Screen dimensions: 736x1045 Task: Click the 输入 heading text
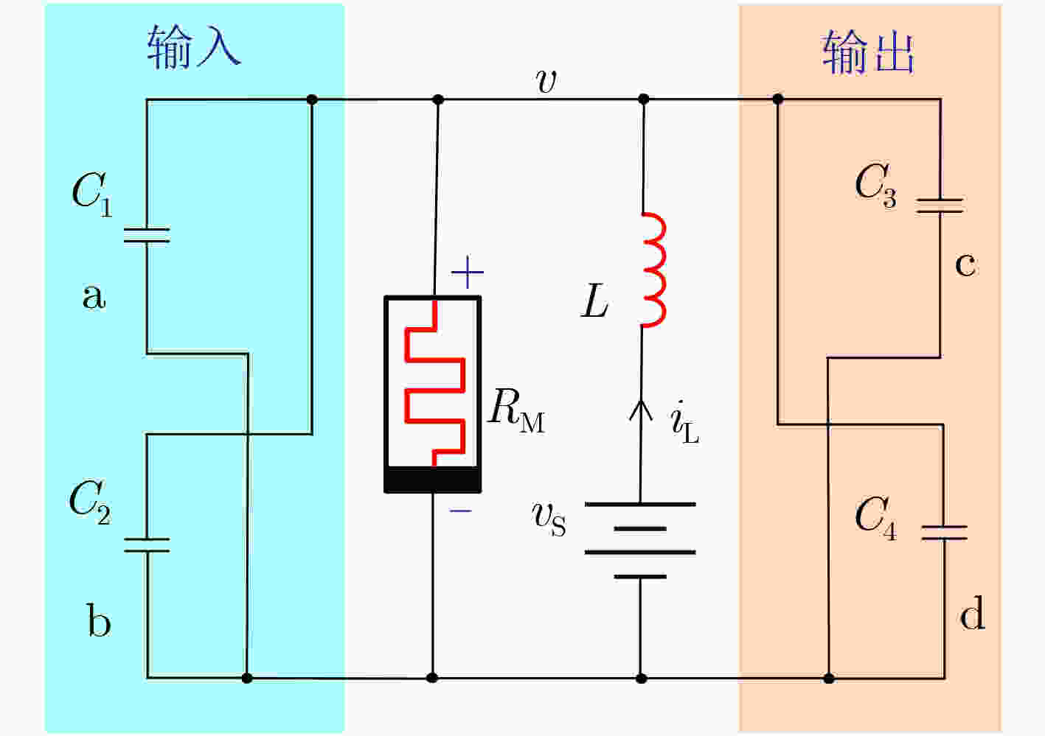pyautogui.click(x=194, y=47)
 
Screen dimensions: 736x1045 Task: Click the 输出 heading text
pyautogui.click(x=868, y=52)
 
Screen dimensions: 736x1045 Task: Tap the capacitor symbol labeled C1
pyautogui.click(x=147, y=235)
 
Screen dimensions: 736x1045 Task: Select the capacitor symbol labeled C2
pyautogui.click(x=147, y=544)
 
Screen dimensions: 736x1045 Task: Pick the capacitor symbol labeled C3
pyautogui.click(x=940, y=206)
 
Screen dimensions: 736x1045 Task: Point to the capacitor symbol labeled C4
pyautogui.click(x=944, y=532)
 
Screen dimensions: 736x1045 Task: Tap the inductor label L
pyautogui.click(x=594, y=302)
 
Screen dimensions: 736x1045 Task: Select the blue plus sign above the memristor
pyautogui.click(x=467, y=273)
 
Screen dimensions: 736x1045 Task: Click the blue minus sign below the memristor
pyautogui.click(x=461, y=510)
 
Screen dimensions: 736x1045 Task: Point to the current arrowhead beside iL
pyautogui.click(x=640, y=409)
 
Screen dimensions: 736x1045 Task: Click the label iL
pyautogui.click(x=684, y=423)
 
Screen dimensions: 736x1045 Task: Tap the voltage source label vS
pyautogui.click(x=549, y=518)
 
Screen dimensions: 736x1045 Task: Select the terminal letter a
pyautogui.click(x=94, y=296)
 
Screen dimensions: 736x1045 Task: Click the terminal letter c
pyautogui.click(x=965, y=264)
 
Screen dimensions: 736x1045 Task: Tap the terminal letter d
pyautogui.click(x=972, y=613)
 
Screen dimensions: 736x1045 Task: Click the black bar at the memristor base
pyautogui.click(x=433, y=479)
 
